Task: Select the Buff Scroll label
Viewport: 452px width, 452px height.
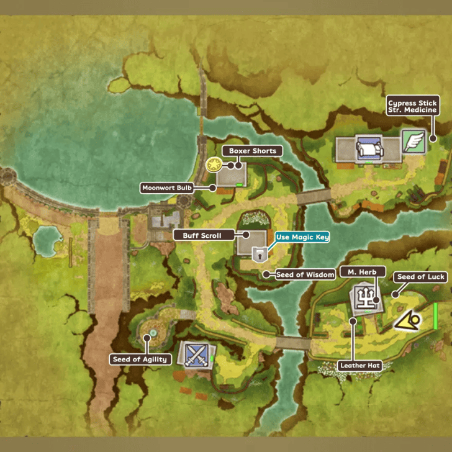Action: point(202,235)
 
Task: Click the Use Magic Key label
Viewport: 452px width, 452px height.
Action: point(302,237)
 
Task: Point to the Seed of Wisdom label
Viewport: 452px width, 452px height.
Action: point(305,274)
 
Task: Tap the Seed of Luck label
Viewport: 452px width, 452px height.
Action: point(420,277)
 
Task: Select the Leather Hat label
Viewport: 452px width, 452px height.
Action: point(359,366)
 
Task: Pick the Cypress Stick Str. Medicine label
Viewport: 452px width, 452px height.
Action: point(412,106)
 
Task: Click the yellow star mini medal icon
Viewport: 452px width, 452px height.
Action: point(214,165)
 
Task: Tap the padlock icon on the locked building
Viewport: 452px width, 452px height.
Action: point(259,253)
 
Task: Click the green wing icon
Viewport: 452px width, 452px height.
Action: point(412,141)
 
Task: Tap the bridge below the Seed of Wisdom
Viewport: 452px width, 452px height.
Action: point(292,342)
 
